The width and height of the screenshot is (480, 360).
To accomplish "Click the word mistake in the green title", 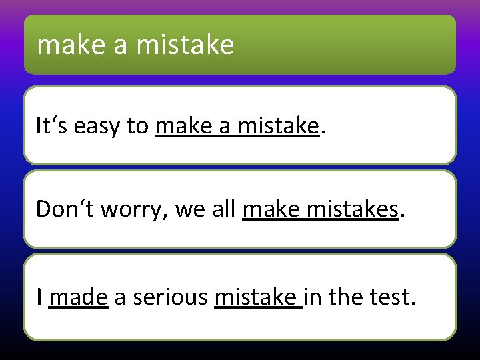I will (185, 45).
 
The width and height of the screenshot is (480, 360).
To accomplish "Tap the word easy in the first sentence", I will (94, 126).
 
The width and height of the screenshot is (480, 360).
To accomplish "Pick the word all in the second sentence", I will (224, 209).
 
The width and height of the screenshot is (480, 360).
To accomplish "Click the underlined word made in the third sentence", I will (79, 297).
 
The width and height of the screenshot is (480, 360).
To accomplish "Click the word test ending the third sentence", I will (392, 297).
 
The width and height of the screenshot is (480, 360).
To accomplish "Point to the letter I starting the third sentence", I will (39, 297).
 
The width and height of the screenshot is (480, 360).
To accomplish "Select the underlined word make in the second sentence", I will (270, 209).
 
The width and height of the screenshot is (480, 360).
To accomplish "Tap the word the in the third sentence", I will (348, 297).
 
